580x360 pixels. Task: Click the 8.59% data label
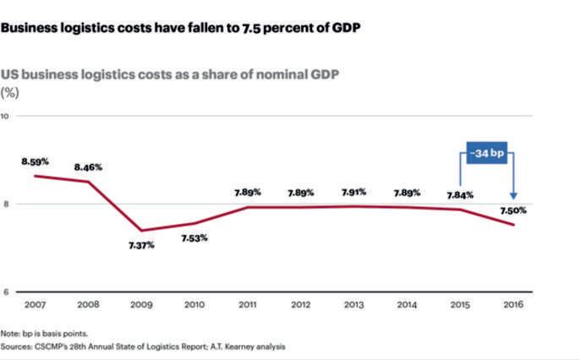pos(36,160)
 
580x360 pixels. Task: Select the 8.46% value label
pos(88,167)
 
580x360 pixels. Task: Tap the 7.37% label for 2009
pos(141,245)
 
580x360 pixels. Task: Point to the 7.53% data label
pos(194,238)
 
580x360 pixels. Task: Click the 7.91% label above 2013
pos(354,192)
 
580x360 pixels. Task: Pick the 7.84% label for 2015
pos(460,195)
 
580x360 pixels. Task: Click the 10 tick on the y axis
pos(5,116)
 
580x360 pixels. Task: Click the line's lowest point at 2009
pos(141,231)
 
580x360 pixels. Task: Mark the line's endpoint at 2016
pos(513,225)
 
